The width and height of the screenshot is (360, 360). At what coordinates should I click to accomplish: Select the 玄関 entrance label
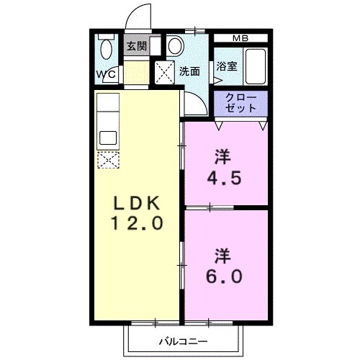[x=137, y=47]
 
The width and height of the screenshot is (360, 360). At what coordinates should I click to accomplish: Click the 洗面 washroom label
[x=190, y=71]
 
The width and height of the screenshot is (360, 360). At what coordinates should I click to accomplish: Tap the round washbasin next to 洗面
[x=176, y=47]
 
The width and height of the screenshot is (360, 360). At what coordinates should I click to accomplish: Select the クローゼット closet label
[x=240, y=102]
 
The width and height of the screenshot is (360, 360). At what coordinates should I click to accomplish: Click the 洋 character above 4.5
[x=221, y=155]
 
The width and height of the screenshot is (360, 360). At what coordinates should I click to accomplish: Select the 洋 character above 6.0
[x=221, y=255]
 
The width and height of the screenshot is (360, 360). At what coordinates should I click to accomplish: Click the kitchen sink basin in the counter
[x=108, y=138]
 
